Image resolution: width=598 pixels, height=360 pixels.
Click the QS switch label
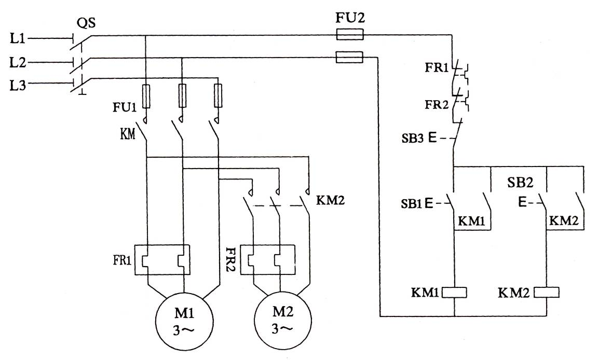tap(86, 22)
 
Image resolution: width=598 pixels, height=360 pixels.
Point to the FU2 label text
tap(351, 19)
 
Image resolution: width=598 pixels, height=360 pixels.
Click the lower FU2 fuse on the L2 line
tap(349, 57)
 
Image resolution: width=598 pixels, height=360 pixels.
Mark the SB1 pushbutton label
tap(412, 204)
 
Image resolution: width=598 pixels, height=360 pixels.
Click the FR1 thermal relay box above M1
tap(162, 259)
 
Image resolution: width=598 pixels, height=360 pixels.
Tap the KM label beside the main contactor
tap(127, 135)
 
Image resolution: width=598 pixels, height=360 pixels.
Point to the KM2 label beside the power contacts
tap(330, 200)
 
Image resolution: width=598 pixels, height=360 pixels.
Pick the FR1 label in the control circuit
tap(438, 68)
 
